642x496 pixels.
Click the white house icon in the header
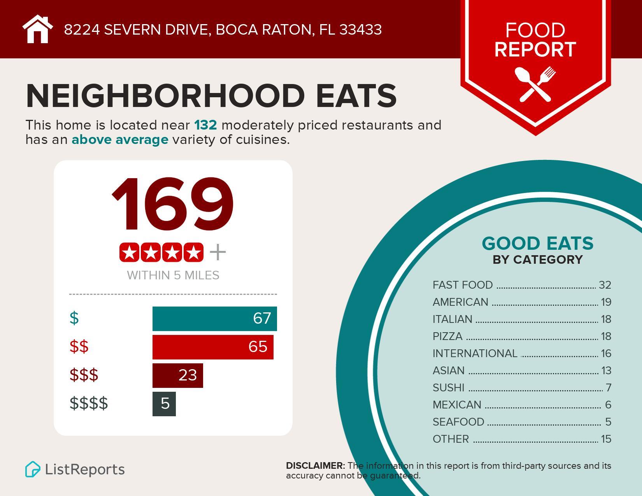tap(37, 29)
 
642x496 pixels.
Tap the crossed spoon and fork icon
tap(535, 84)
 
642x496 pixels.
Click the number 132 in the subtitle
tap(205, 125)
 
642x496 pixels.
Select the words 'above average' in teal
tap(120, 139)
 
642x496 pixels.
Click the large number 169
tap(173, 204)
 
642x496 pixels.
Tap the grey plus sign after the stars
tap(218, 252)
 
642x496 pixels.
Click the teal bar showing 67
tap(214, 319)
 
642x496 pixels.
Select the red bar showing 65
tap(213, 347)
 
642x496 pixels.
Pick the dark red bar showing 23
tap(177, 375)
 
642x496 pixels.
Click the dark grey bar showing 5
tap(164, 404)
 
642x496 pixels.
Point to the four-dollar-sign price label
tap(89, 403)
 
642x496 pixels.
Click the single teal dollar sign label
tap(74, 318)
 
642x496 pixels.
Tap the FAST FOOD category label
tap(463, 285)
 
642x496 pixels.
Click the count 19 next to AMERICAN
tap(606, 302)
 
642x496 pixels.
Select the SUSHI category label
tap(448, 388)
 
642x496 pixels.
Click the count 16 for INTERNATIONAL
tap(606, 354)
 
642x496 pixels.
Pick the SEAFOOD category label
tap(458, 422)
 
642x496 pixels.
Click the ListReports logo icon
tap(33, 469)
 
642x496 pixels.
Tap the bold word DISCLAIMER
tap(315, 466)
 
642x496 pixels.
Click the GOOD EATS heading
tap(537, 244)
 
